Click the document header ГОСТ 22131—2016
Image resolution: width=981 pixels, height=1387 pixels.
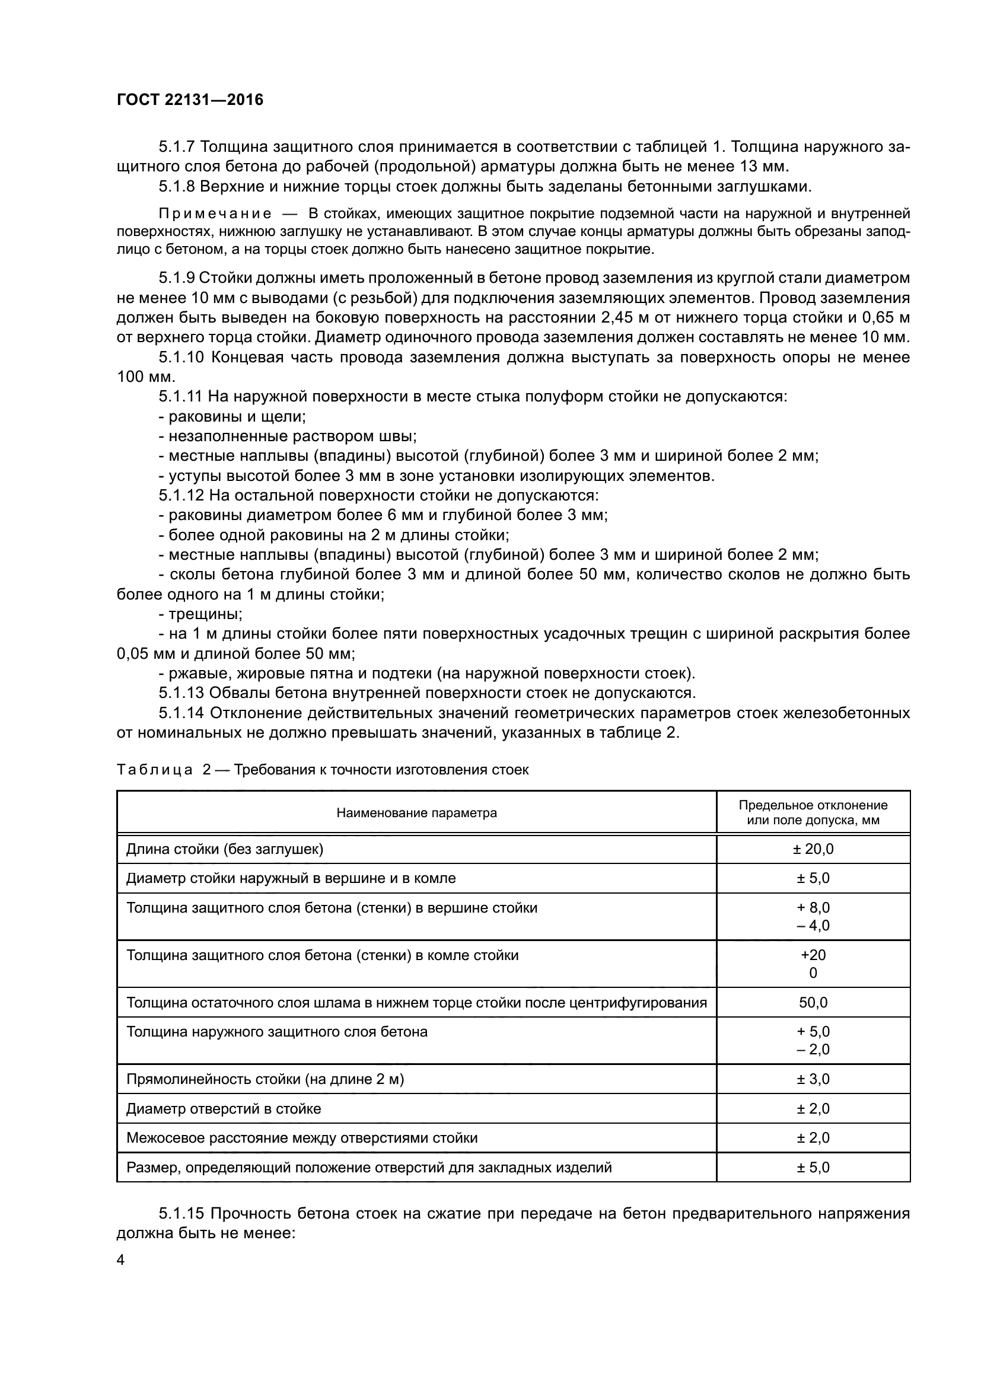[190, 100]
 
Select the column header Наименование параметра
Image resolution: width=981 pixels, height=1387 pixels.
[416, 812]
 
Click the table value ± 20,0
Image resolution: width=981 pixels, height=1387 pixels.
[813, 849]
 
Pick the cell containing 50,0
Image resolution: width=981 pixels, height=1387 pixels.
[813, 1003]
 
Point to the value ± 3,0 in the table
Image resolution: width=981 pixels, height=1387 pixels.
[813, 1079]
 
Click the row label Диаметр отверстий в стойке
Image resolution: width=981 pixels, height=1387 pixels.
[224, 1108]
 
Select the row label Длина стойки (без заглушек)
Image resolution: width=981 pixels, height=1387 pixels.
[225, 849]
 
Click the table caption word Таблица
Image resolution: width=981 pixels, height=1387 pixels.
[155, 770]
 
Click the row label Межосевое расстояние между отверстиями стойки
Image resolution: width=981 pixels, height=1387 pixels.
[301, 1138]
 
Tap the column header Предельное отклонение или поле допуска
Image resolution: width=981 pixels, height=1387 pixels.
[813, 812]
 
